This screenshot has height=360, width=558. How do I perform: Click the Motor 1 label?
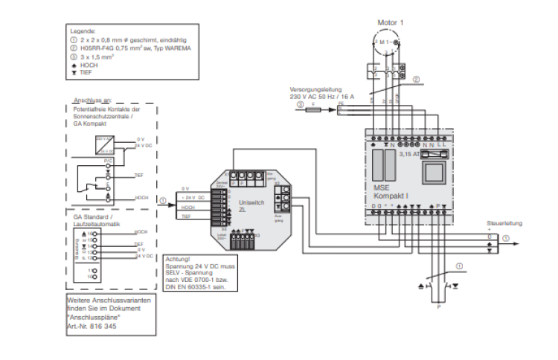click(x=391, y=23)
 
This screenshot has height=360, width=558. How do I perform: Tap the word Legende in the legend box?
click(x=83, y=31)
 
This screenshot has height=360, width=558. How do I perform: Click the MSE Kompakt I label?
click(x=387, y=191)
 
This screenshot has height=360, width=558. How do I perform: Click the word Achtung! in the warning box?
click(x=178, y=258)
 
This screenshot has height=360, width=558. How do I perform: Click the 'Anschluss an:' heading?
click(x=92, y=100)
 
